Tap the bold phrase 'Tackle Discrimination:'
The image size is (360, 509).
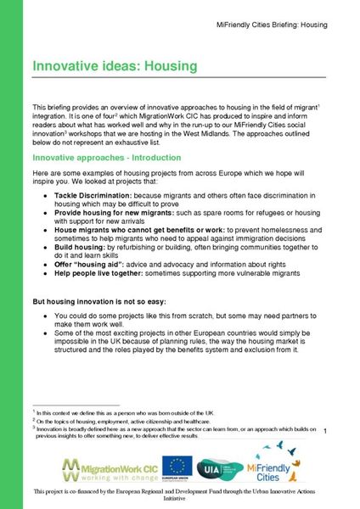[x=93, y=194]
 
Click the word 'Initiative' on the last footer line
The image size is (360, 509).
[x=179, y=501]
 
